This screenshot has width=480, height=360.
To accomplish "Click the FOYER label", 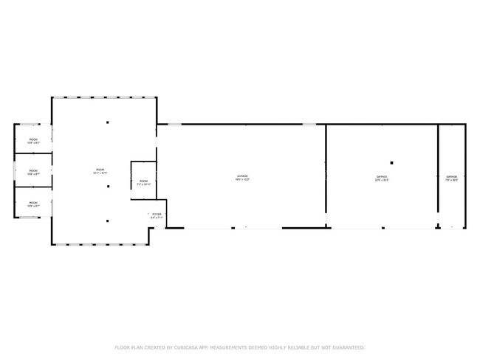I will coord(157,216).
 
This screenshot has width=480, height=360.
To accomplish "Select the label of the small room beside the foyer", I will coord(144,182).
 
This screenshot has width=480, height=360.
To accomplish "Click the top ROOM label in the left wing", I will coord(34,140).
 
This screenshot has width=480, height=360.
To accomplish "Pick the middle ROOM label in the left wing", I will coord(34,173).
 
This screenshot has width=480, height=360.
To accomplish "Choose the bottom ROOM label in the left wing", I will coord(34,204).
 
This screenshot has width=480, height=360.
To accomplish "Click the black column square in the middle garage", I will coord(392,163).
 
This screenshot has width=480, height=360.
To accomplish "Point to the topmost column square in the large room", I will coord(108,122).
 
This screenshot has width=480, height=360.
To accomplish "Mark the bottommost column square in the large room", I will coord(108,220).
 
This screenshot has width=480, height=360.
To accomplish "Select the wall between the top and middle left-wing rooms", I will coord(34,153).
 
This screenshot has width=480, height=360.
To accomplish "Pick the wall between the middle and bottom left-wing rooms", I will coord(34,187).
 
